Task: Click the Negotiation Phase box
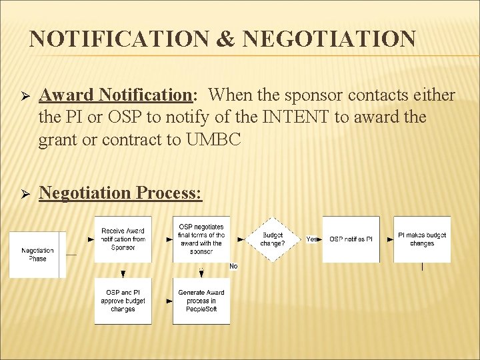tap(37, 254)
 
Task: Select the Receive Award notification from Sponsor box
tap(123, 239)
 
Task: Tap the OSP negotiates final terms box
tap(201, 239)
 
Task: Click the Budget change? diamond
tap(272, 239)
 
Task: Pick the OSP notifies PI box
tap(351, 239)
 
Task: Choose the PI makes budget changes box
tap(422, 239)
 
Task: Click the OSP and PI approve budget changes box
tap(123, 301)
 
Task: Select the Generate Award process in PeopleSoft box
tap(201, 301)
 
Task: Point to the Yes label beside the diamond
tap(312, 239)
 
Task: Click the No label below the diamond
tap(233, 266)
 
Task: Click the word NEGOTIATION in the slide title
tap(329, 39)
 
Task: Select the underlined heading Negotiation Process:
tap(121, 193)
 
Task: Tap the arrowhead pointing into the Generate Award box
tap(169, 301)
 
